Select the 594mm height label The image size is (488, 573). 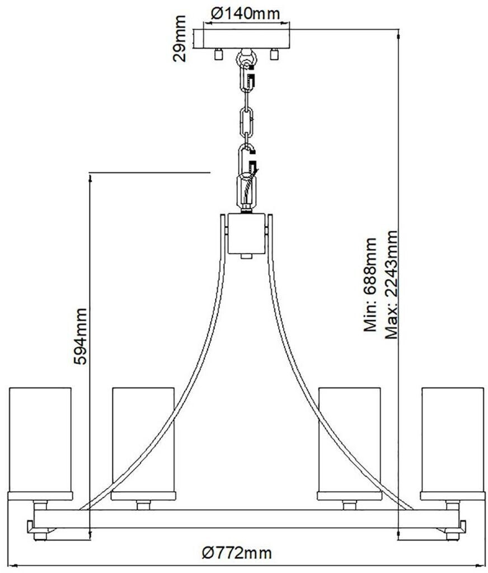point(81,336)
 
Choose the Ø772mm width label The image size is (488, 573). point(237,554)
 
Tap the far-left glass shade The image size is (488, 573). point(40,440)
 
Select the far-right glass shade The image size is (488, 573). point(452,440)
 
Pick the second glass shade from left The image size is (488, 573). point(143,440)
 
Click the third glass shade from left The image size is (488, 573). point(349,440)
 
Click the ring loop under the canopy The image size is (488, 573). point(246,57)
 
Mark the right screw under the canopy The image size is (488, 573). point(274,54)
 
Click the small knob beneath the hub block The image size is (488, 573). point(246,257)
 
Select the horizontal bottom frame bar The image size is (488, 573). point(246,518)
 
